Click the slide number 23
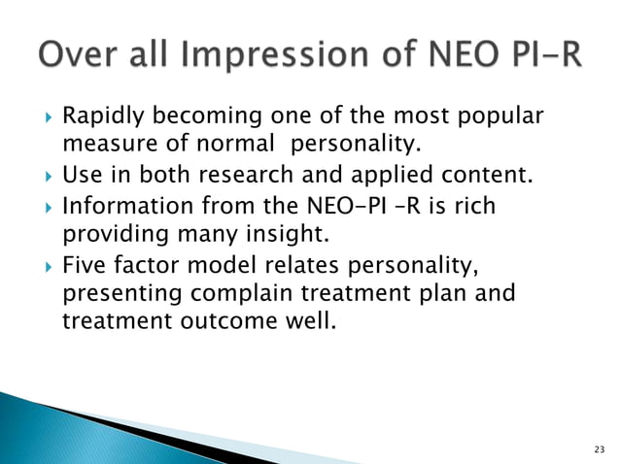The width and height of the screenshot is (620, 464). point(598,447)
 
